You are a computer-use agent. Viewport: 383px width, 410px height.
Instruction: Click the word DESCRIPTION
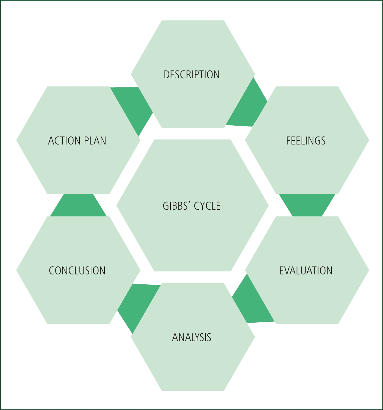pos(192,75)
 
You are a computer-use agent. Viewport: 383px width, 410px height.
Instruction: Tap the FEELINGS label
pos(306,141)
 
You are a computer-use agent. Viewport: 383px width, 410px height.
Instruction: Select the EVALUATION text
pos(306,271)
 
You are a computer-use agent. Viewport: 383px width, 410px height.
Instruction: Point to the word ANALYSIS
pos(192,337)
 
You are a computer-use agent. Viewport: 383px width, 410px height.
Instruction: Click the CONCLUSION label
pos(77,271)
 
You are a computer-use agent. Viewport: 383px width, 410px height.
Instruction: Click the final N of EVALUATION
pos(329,271)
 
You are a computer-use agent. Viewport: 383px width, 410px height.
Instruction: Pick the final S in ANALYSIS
pos(209,337)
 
